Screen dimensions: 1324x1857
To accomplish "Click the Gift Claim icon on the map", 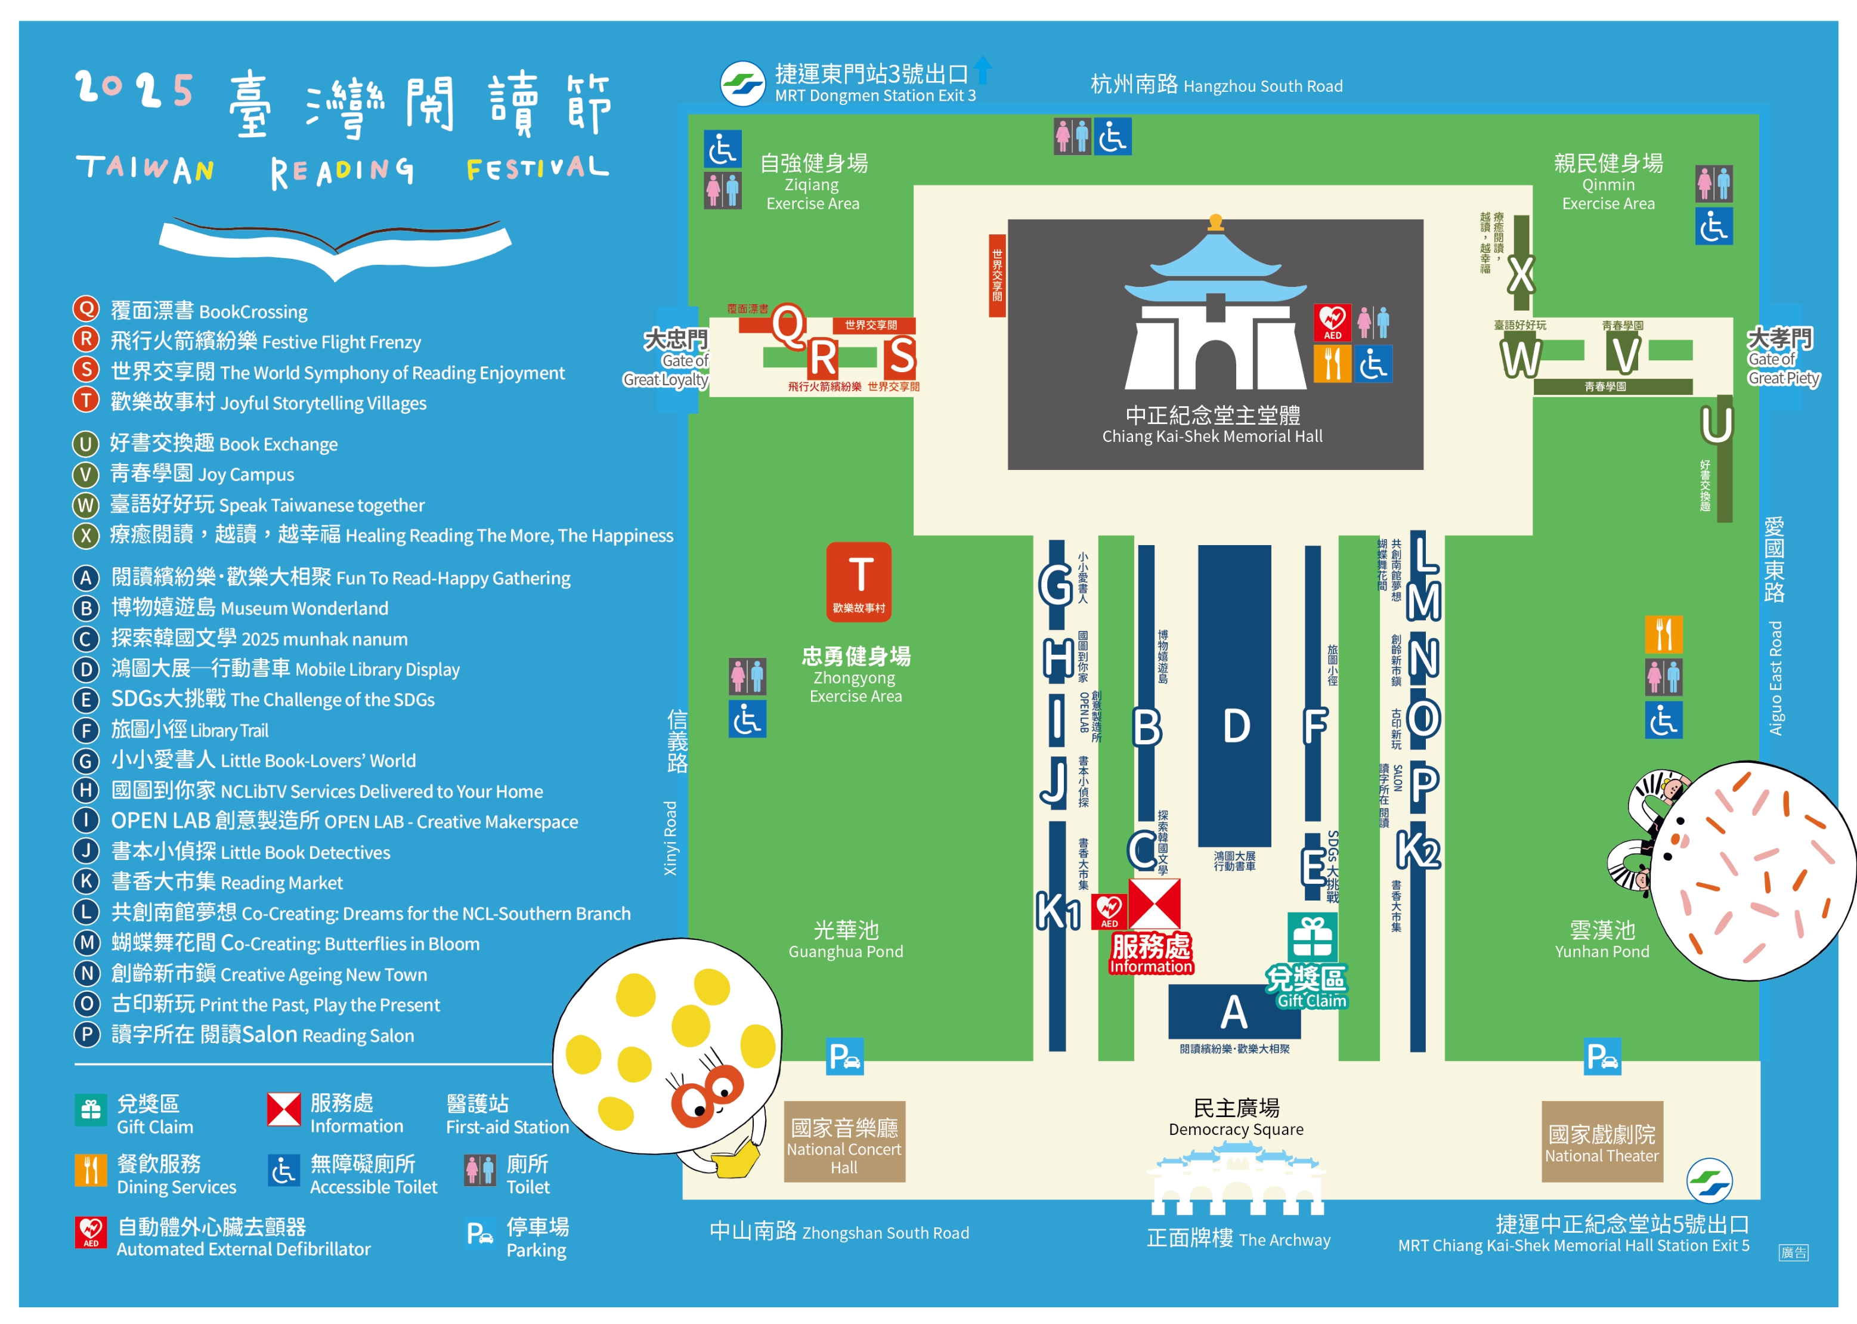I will pyautogui.click(x=1311, y=937).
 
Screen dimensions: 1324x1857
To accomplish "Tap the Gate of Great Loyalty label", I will pyautogui.click(x=671, y=358).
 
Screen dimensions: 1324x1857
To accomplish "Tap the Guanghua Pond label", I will pyautogui.click(x=846, y=939).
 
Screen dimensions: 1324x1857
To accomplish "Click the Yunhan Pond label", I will pyautogui.click(x=1602, y=939).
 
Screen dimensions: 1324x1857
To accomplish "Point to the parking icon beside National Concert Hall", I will pyautogui.click(x=844, y=1057).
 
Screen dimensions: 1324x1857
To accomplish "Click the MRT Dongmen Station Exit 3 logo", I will pyautogui.click(x=742, y=83).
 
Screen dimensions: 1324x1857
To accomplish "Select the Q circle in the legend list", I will pyautogui.click(x=86, y=309).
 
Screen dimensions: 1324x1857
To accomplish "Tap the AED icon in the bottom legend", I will pyautogui.click(x=91, y=1232).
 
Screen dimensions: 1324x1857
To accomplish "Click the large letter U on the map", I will pyautogui.click(x=1716, y=425).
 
